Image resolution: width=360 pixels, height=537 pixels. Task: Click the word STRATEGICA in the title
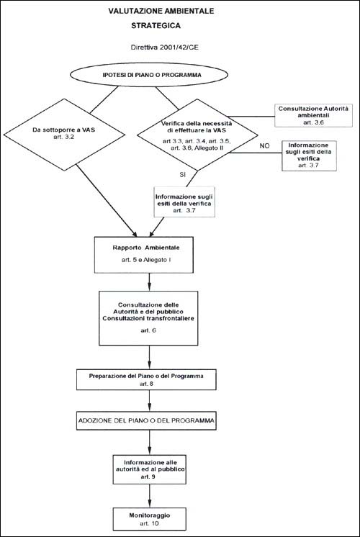click(x=156, y=26)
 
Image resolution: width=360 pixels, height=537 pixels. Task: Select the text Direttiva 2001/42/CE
click(x=165, y=48)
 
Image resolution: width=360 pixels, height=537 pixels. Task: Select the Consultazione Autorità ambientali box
click(x=313, y=115)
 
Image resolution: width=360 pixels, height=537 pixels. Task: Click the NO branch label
click(x=264, y=146)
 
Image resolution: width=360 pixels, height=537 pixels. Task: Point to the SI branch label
click(x=183, y=174)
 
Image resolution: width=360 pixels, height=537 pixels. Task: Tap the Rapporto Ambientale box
click(x=144, y=255)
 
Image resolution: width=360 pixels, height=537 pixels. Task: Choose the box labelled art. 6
click(x=148, y=318)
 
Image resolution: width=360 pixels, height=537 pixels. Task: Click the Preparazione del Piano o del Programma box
click(x=146, y=379)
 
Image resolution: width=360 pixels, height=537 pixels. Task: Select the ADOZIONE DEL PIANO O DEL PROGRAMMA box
click(x=146, y=420)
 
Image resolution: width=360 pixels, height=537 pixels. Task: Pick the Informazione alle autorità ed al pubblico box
click(x=150, y=469)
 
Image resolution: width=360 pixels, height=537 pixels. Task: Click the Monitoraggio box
click(x=150, y=519)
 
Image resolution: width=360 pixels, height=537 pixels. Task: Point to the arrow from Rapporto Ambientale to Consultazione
click(x=149, y=282)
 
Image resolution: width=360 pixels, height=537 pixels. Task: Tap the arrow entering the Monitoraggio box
click(x=150, y=496)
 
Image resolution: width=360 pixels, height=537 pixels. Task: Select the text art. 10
click(x=150, y=523)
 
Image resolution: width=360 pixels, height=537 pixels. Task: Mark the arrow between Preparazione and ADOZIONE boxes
click(x=150, y=401)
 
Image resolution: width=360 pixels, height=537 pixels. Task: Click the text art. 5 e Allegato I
click(x=146, y=261)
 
